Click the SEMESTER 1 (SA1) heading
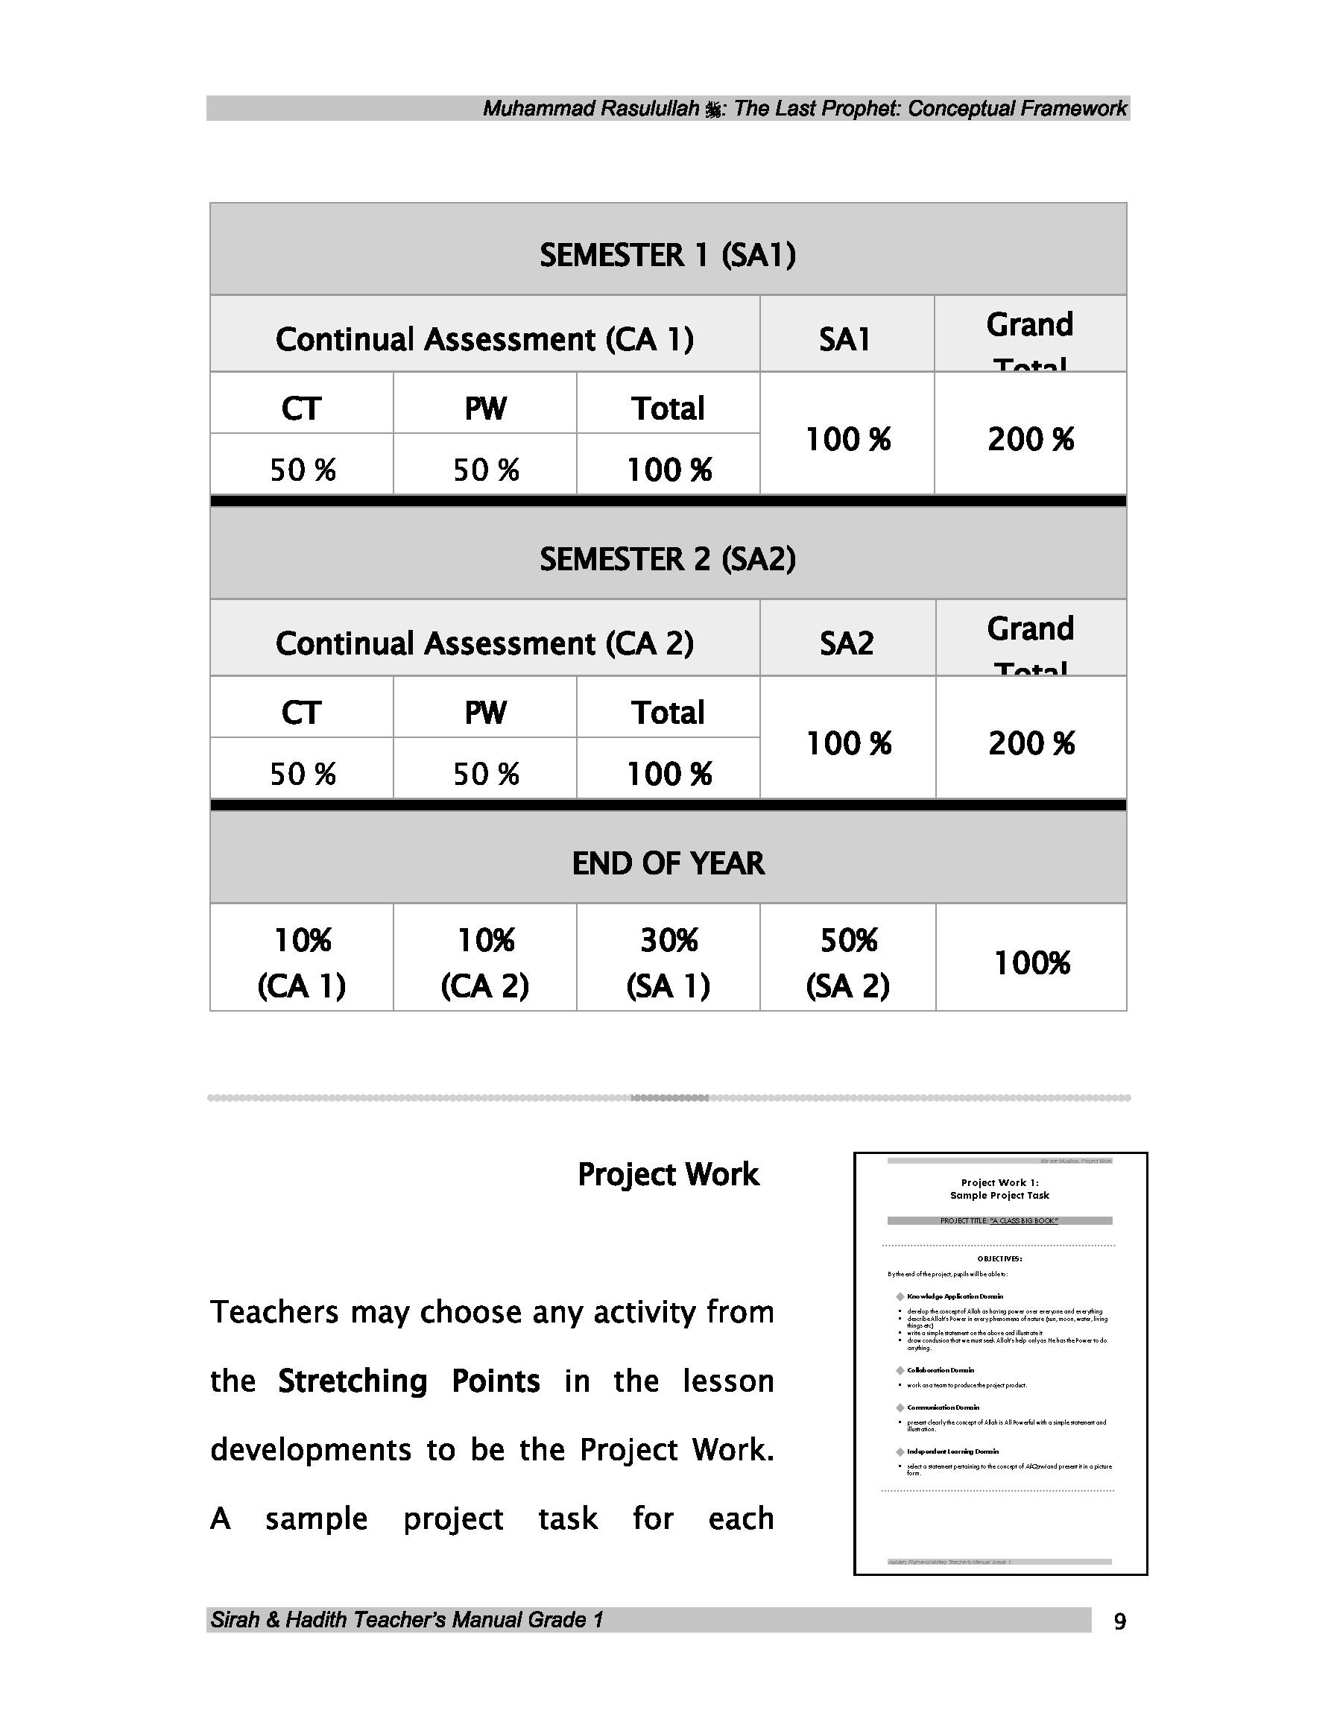[x=667, y=255]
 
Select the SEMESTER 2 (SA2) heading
[x=667, y=559]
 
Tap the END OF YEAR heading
[x=667, y=863]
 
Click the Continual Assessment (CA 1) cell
[x=484, y=339]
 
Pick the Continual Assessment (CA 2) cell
[x=484, y=643]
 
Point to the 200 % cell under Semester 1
[x=1030, y=439]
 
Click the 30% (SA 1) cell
[x=668, y=962]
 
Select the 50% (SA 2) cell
[x=847, y=962]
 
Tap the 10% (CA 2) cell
[x=484, y=962]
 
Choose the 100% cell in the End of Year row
[x=1031, y=963]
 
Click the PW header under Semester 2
[x=484, y=713]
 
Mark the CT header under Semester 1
[x=301, y=409]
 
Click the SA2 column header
[x=847, y=643]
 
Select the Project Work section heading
[x=668, y=1174]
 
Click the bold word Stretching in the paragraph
[x=352, y=1381]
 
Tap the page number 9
[x=1119, y=1622]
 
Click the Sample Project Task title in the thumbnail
[x=999, y=1196]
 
